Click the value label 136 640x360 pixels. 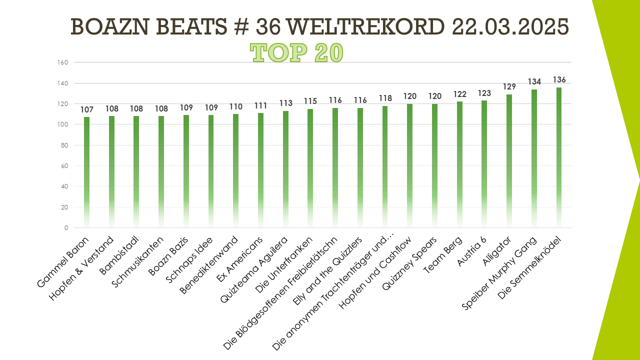point(558,80)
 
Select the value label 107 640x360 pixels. point(86,110)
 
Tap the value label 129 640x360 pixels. point(509,87)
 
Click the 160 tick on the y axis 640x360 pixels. point(63,62)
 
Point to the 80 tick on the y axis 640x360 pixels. point(64,145)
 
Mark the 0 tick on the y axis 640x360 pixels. point(66,228)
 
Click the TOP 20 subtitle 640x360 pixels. point(296,52)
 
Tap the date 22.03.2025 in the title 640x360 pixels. point(510,27)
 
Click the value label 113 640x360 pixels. point(285,103)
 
